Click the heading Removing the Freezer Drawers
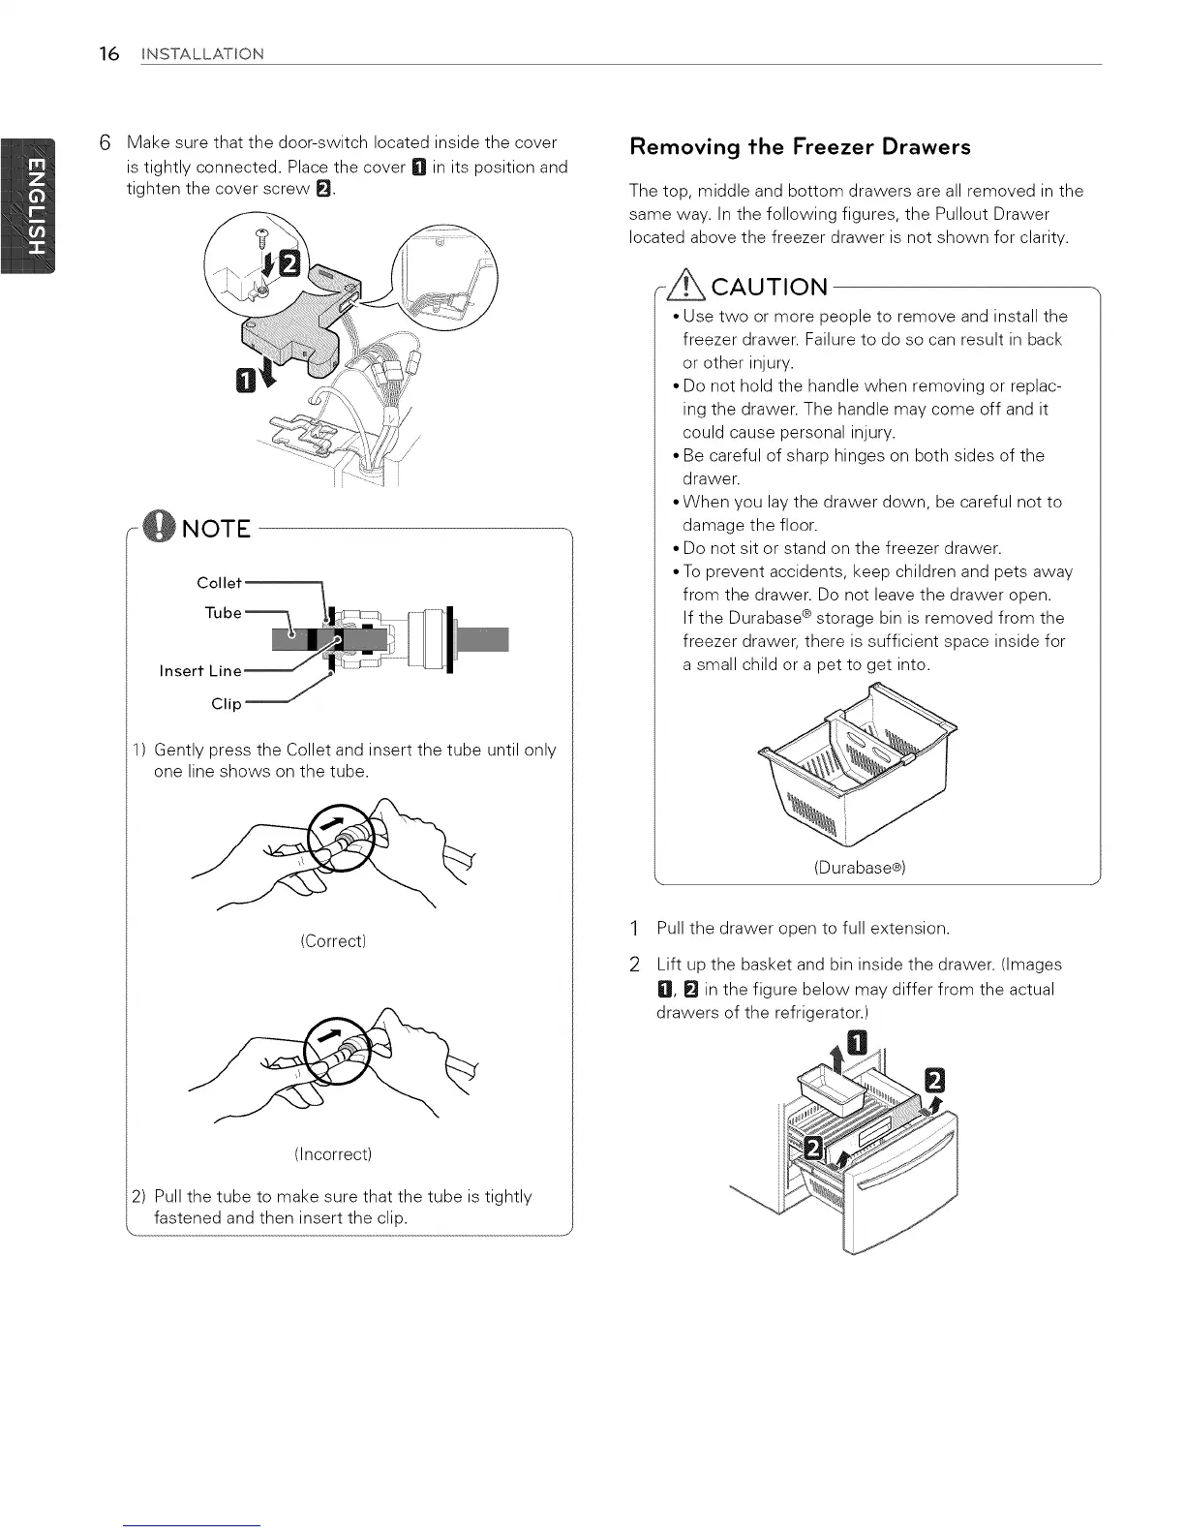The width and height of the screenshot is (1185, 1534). point(800,147)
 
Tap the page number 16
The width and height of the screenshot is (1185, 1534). point(108,53)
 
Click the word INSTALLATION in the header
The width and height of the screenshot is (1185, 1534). point(200,54)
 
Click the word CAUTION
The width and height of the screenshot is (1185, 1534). point(770,288)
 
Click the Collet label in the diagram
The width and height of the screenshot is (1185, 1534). point(219,583)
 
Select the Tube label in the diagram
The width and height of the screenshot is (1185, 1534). point(223,613)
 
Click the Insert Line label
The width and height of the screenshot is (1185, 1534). point(200,671)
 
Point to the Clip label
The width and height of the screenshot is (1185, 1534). point(227,704)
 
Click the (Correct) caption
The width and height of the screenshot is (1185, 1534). point(333,941)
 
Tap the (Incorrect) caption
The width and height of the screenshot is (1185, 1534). point(333,1154)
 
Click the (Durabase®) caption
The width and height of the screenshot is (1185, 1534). point(859,868)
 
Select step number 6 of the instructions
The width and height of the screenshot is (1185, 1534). point(108,143)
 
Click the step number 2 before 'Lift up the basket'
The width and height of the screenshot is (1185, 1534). point(634,965)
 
